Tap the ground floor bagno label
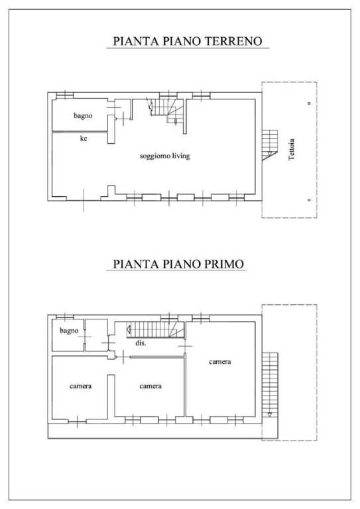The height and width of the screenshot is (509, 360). coord(83,115)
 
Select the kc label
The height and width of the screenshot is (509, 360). coord(84,139)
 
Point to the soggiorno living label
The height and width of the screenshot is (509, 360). coord(165,156)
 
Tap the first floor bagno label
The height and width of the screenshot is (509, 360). coord(69,330)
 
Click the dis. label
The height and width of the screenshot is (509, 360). coord(141,344)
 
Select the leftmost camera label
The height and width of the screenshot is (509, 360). coord(80,386)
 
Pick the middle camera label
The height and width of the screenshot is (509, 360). coord(150,386)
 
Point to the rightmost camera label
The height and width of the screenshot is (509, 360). coord(220,362)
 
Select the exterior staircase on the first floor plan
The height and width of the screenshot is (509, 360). coord(270,384)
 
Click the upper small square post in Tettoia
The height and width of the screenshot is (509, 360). coord(310,104)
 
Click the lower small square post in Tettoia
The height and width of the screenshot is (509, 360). coord(310,199)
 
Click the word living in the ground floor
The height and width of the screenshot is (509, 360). coord(181,156)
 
